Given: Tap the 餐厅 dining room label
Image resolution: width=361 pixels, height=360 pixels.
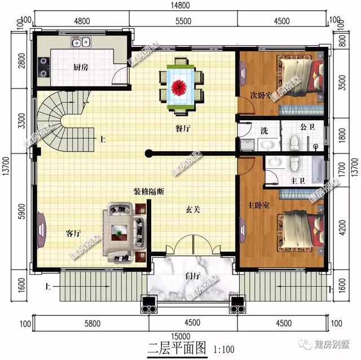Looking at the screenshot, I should tap(182, 129).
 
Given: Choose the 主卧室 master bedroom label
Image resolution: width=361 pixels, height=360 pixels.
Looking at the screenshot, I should tap(258, 204).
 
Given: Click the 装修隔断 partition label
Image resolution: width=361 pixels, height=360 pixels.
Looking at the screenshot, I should tap(149, 191).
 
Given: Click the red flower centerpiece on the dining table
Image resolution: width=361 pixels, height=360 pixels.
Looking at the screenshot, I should tap(180, 86).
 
